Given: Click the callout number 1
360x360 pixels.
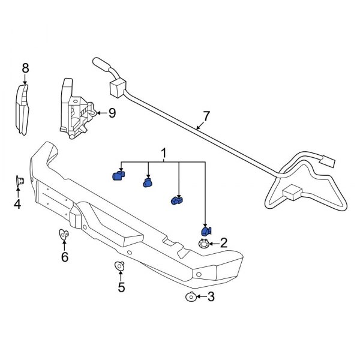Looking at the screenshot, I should (163, 155).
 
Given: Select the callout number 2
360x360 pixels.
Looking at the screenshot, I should (223, 243).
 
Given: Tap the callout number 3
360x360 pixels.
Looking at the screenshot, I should (209, 296).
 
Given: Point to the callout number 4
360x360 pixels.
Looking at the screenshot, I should (17, 205).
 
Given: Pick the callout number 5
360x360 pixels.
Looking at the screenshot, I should (121, 287).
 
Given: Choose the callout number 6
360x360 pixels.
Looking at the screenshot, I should (65, 257).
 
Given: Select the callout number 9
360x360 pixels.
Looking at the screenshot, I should (112, 112).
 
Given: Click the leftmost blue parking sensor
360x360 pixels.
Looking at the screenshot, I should (118, 175).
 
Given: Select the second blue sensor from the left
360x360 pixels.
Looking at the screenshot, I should (148, 183).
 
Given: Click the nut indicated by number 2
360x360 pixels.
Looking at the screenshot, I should (204, 244).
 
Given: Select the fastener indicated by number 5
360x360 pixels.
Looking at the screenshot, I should (119, 266).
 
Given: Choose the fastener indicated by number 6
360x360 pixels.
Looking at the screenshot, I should (64, 234).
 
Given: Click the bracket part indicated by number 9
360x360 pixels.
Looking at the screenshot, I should (75, 111).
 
